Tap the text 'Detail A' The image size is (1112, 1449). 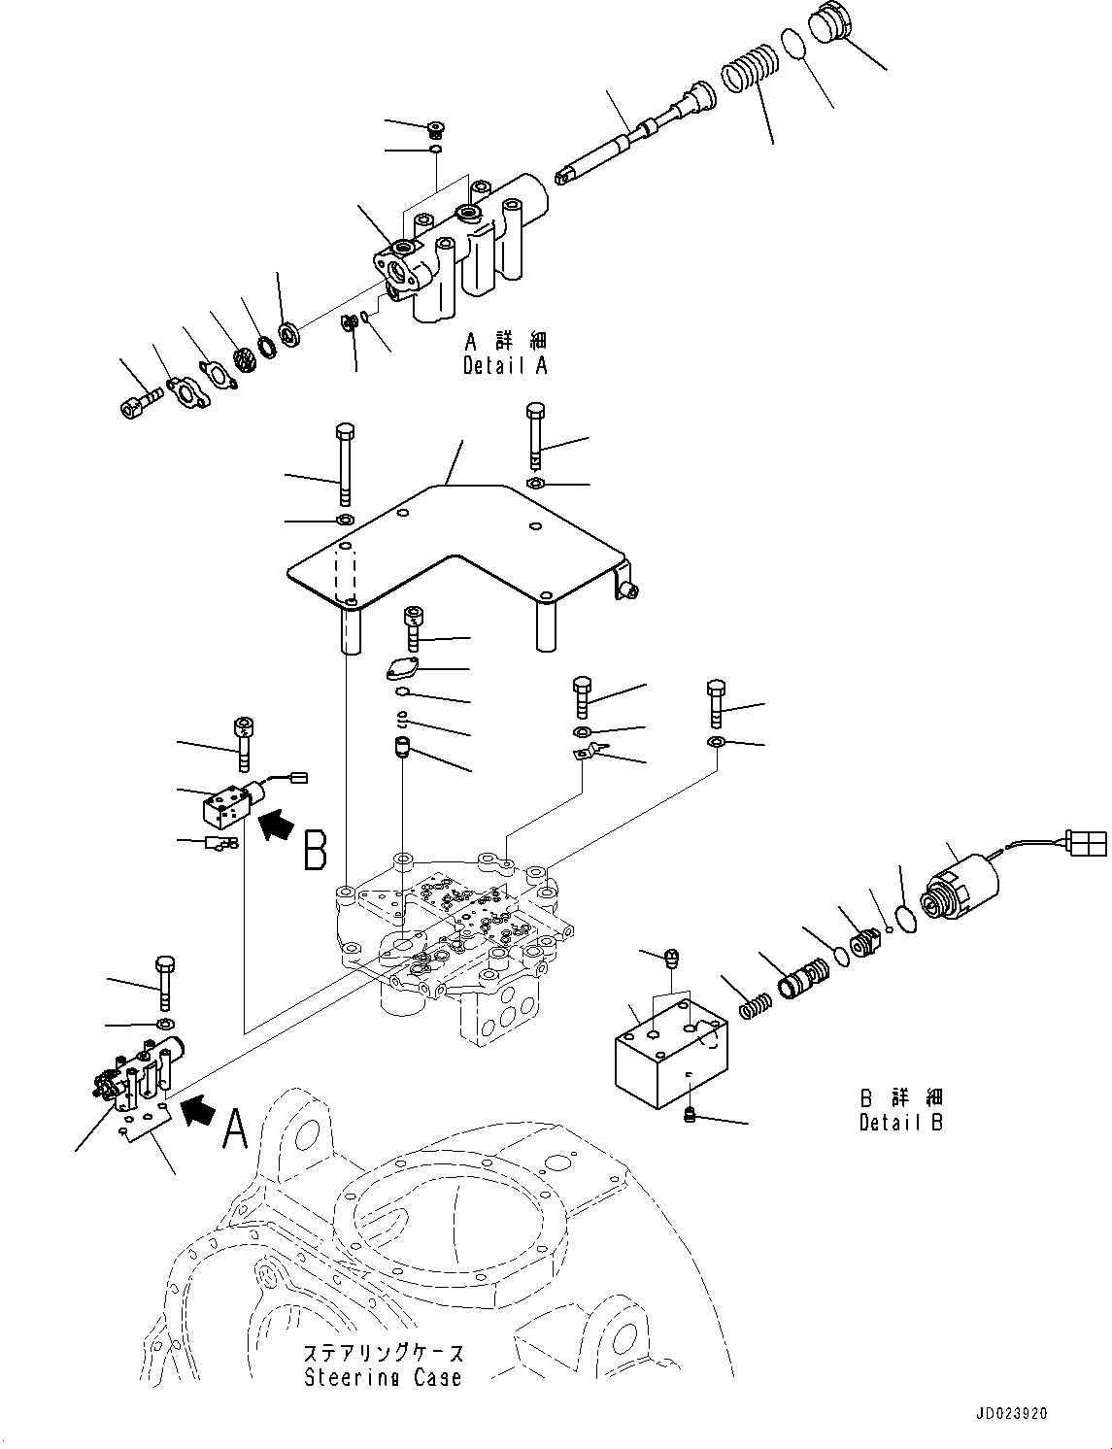point(505,365)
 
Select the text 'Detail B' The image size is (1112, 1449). point(900,1122)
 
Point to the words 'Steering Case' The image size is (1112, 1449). point(383,1376)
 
